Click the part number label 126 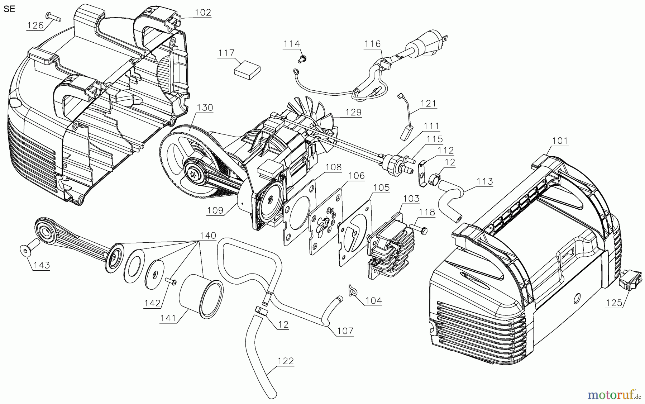[35, 25]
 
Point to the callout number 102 [203, 13]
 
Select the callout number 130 [205, 108]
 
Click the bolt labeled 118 [418, 228]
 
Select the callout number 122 [286, 361]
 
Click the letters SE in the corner [9, 9]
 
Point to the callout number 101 [560, 141]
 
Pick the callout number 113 [485, 182]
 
